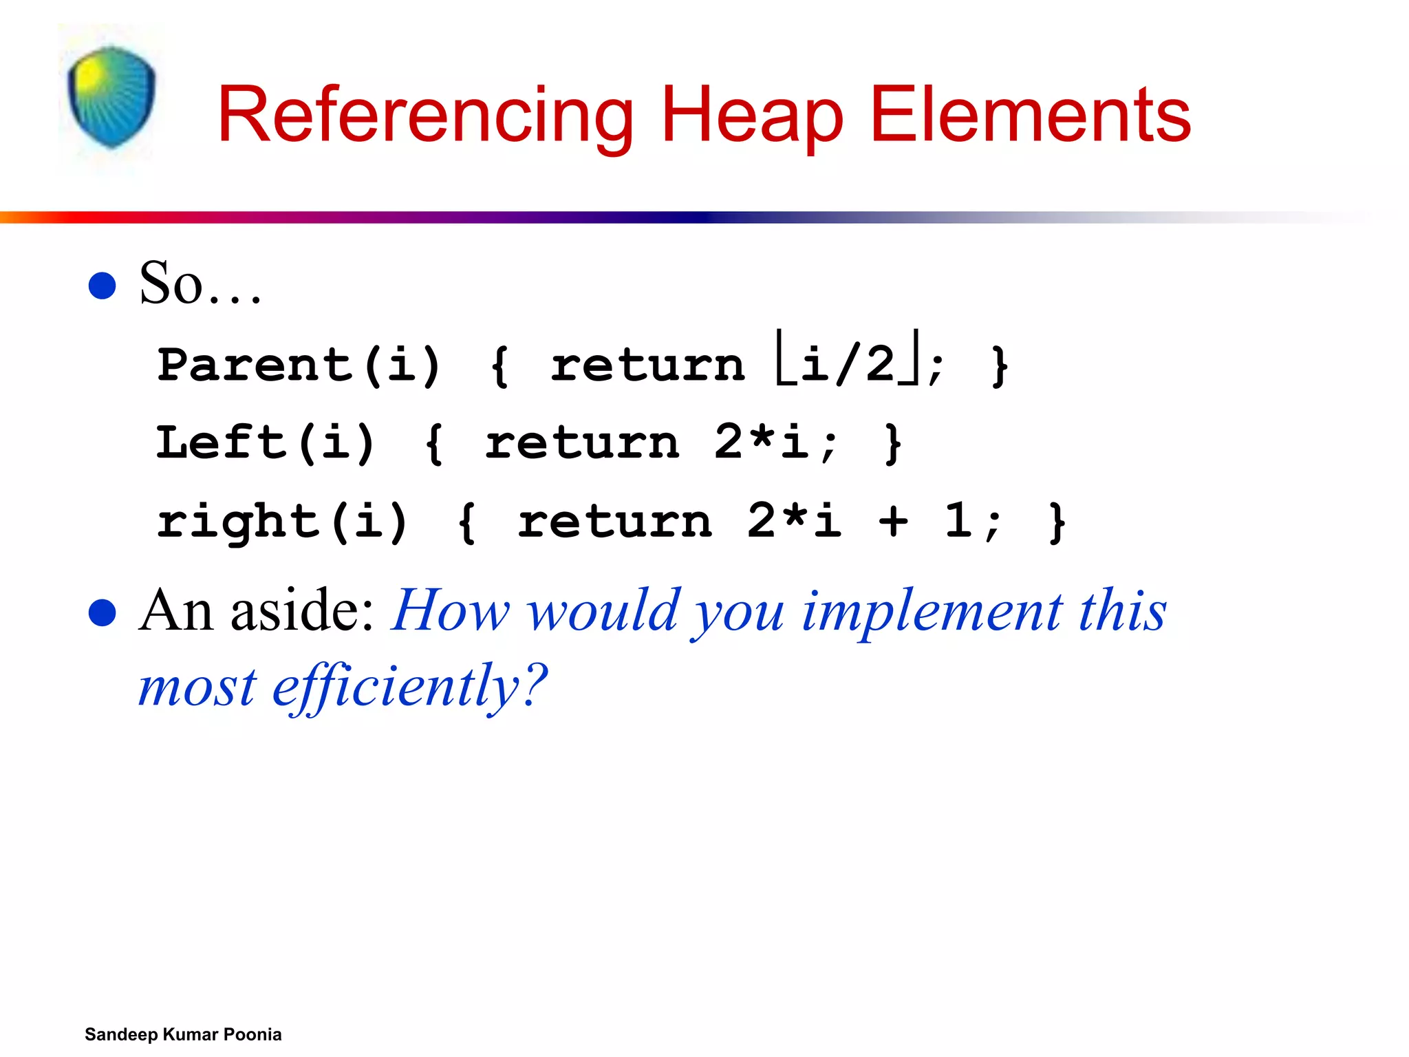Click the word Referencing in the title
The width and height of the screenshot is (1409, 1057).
click(x=425, y=116)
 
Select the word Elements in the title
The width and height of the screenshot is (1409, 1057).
click(x=1030, y=116)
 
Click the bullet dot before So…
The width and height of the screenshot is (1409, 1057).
click(x=103, y=286)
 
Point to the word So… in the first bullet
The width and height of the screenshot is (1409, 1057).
click(x=200, y=284)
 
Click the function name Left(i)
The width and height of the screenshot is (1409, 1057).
click(x=266, y=442)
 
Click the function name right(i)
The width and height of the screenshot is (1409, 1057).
click(x=282, y=522)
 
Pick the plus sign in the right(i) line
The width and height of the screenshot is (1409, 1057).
click(x=893, y=521)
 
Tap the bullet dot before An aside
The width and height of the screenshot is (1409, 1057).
click(x=103, y=612)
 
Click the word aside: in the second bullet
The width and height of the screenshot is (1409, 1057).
click(x=302, y=611)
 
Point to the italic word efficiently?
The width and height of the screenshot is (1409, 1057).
click(x=410, y=687)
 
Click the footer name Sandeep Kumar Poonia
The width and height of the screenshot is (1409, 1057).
click(x=183, y=1034)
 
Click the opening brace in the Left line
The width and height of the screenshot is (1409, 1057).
click(x=434, y=444)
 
